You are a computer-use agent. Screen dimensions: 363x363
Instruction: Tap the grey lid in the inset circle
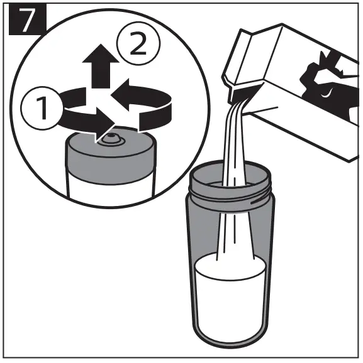[x=110, y=157]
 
